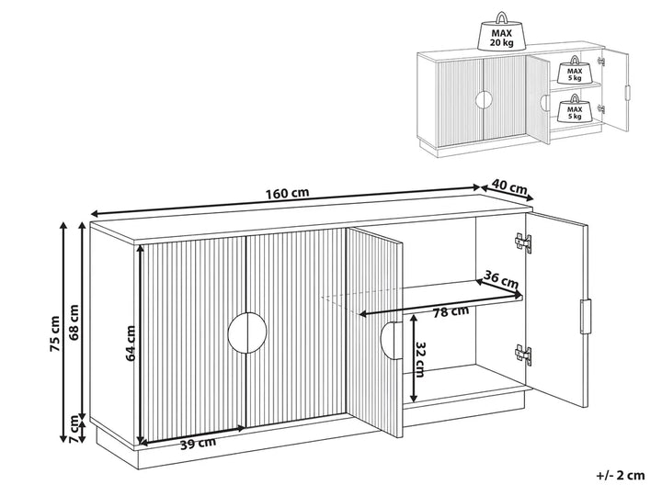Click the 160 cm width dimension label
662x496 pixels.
point(287,193)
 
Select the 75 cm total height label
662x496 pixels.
point(54,333)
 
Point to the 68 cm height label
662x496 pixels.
point(74,322)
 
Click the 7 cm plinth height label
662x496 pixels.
point(74,429)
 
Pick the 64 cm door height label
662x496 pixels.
point(131,343)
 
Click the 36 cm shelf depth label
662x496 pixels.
point(501,279)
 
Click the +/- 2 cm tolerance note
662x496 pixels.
point(621,476)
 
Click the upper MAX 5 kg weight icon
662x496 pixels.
point(574,70)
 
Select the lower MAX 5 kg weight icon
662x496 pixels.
point(574,108)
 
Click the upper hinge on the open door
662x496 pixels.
point(523,242)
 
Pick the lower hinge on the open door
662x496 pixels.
point(523,354)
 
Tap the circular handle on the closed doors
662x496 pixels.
point(247,333)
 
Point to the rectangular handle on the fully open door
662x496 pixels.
point(585,316)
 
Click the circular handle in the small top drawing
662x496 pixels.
point(484,100)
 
